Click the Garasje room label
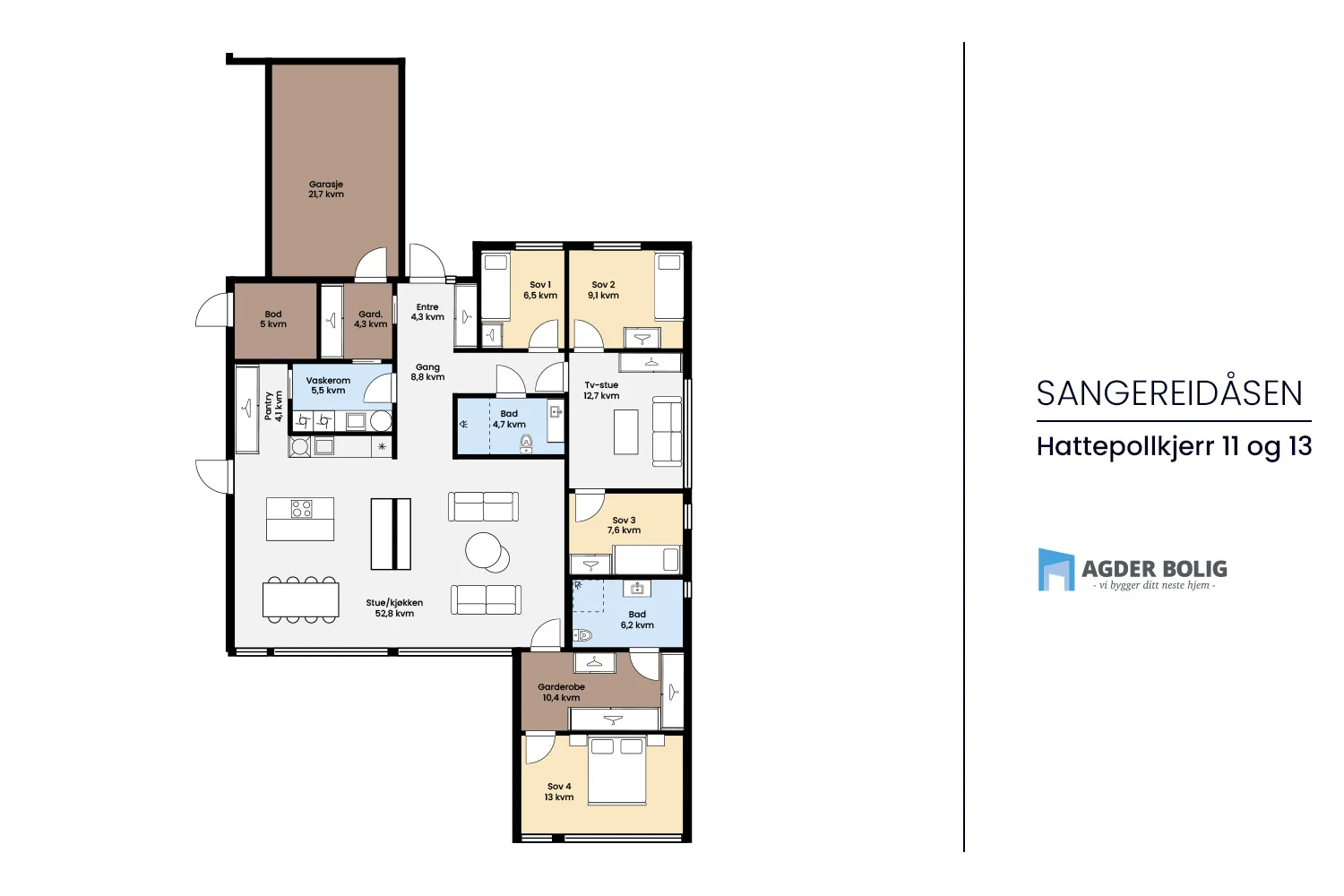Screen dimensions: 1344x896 pyautogui.click(x=326, y=185)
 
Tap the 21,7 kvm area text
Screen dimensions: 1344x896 pyautogui.click(x=326, y=194)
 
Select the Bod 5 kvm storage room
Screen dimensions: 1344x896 pyautogui.click(x=274, y=319)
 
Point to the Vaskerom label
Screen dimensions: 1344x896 pyautogui.click(x=328, y=381)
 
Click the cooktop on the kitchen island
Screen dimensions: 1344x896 pyautogui.click(x=301, y=509)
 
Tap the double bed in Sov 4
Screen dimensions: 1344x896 pyautogui.click(x=616, y=770)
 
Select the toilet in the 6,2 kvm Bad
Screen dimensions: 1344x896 pyautogui.click(x=582, y=635)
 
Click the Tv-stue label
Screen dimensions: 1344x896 pyautogui.click(x=601, y=384)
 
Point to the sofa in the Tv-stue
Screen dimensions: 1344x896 pyautogui.click(x=667, y=430)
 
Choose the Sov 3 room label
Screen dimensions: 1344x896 pyautogui.click(x=624, y=521)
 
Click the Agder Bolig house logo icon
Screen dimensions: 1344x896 pyautogui.click(x=1056, y=570)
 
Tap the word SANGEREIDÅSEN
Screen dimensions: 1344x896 pyautogui.click(x=1169, y=393)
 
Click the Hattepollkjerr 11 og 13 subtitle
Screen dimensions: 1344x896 pyautogui.click(x=1174, y=447)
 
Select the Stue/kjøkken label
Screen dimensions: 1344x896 pyautogui.click(x=394, y=602)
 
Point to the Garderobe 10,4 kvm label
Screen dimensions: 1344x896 pyautogui.click(x=561, y=692)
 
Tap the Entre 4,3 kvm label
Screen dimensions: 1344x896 pyautogui.click(x=427, y=312)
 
